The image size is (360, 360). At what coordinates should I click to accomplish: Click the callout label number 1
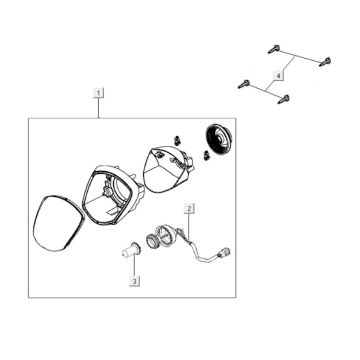point(98,92)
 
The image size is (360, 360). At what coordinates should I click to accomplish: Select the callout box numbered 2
point(189,209)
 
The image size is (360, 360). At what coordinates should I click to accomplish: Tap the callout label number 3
point(134,281)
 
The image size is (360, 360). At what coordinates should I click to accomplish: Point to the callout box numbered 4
point(279,76)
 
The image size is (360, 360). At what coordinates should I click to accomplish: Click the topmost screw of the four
point(273,50)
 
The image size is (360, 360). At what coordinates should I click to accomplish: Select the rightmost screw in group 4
point(325,62)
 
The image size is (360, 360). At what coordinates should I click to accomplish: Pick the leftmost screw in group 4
point(244,84)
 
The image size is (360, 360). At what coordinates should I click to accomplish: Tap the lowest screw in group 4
point(284,99)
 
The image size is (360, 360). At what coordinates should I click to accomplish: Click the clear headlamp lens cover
point(57,223)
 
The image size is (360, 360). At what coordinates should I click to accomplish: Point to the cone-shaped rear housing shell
point(167,169)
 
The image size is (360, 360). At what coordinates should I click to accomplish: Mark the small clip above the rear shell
point(177,140)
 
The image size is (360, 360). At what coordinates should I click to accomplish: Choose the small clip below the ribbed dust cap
point(206,155)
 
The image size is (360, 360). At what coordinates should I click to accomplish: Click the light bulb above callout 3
point(130,250)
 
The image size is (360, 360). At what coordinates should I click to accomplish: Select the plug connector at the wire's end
point(224,253)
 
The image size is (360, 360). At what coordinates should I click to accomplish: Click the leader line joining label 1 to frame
point(98,108)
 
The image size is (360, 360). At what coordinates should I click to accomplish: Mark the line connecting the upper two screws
point(299,56)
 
